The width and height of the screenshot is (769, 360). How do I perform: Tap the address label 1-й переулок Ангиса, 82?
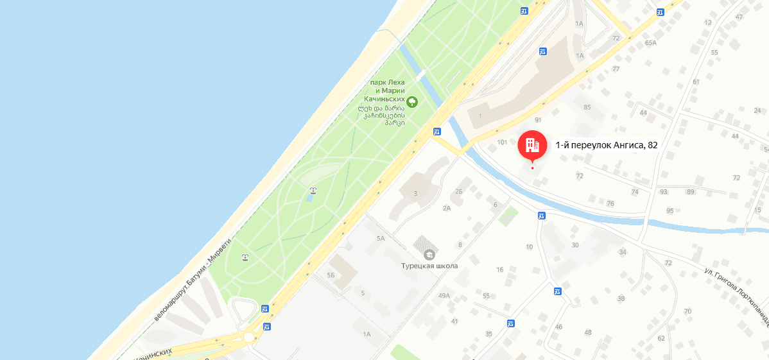607,145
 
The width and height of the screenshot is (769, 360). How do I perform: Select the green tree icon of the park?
412,101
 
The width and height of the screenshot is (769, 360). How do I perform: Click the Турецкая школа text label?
429,266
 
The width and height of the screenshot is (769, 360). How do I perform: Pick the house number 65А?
651,43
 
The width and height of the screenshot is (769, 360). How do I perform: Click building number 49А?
444,296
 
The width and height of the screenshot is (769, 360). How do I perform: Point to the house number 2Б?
459,191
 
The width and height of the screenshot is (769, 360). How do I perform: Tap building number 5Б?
331,275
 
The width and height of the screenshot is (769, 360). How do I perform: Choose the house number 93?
664,192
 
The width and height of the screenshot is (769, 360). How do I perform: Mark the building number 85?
587,107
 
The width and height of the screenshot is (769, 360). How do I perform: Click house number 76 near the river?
610,203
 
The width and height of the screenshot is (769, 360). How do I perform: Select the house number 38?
621,299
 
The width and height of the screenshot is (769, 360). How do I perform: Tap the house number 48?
588,332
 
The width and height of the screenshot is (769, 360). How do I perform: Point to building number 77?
616,69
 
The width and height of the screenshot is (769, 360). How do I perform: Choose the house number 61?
696,81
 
